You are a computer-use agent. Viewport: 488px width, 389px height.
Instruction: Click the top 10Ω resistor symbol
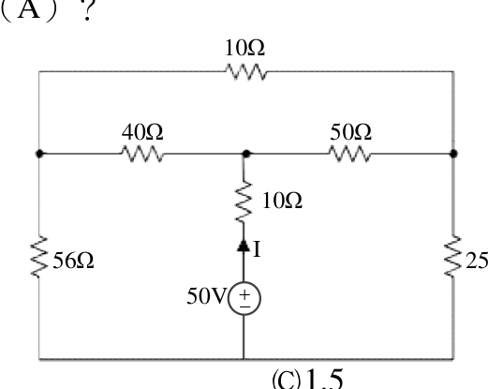pos(246,72)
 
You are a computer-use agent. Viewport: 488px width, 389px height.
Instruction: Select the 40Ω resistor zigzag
pos(142,154)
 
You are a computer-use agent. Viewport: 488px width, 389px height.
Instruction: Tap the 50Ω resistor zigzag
pos(350,154)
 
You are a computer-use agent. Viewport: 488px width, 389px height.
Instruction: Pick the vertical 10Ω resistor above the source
pos(244,202)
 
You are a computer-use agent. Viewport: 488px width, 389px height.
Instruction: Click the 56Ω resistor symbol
pos(39,257)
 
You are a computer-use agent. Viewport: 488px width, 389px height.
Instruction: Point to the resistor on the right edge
pos(453,256)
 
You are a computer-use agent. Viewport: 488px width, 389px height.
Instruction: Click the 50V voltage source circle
pos(244,298)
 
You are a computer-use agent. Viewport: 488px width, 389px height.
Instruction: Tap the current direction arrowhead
pos(244,246)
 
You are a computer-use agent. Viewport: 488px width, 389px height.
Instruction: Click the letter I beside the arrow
pos(257,249)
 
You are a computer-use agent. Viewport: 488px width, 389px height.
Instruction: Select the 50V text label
pos(206,296)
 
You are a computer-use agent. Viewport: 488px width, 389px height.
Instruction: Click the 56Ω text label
pos(73,261)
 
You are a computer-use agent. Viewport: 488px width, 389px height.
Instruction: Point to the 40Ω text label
pos(142,132)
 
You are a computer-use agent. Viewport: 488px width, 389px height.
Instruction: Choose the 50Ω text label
pos(351,132)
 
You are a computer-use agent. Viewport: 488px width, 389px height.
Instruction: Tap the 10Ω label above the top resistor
pos(244,48)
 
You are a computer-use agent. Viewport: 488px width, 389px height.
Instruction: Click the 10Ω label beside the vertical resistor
pos(282,201)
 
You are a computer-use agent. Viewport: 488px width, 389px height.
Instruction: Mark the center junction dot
pos(246,154)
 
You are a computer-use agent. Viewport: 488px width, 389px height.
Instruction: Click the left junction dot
pos(39,154)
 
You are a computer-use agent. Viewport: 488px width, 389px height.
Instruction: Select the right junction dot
pos(453,154)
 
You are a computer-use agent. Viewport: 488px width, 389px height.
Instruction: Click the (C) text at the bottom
pos(287,380)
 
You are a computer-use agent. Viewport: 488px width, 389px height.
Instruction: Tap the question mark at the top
pos(88,10)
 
